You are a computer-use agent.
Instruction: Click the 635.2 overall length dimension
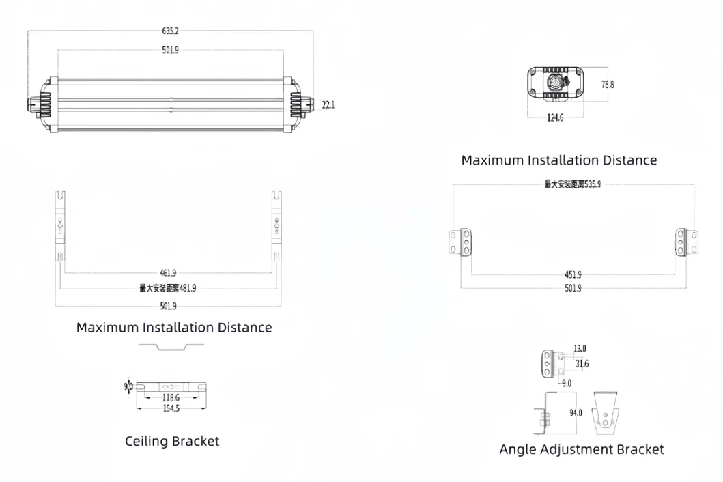pyautogui.click(x=170, y=31)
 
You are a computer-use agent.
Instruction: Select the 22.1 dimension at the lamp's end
pyautogui.click(x=328, y=104)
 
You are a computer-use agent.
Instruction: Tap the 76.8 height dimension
pyautogui.click(x=607, y=85)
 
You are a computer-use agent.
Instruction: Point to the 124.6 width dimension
pyautogui.click(x=555, y=118)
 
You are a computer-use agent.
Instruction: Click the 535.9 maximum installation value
pyautogui.click(x=591, y=184)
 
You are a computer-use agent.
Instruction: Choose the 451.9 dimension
pyautogui.click(x=572, y=274)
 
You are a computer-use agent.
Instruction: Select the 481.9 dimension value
pyautogui.click(x=186, y=288)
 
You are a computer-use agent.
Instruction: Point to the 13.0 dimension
pyautogui.click(x=580, y=349)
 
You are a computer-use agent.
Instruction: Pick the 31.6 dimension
pyautogui.click(x=582, y=364)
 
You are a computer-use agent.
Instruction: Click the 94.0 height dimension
pyautogui.click(x=576, y=413)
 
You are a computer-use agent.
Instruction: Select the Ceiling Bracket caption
pyautogui.click(x=172, y=441)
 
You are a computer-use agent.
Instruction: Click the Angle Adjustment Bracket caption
pyautogui.click(x=581, y=449)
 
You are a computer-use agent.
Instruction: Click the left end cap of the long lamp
pyautogui.click(x=42, y=104)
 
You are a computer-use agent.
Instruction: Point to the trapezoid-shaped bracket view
pyautogui.click(x=606, y=412)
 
